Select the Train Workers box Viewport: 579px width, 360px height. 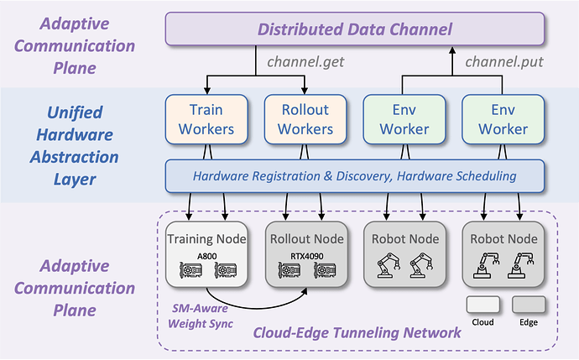(206, 118)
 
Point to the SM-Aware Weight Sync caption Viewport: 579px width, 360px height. (198, 313)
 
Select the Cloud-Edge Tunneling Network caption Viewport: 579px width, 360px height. (357, 332)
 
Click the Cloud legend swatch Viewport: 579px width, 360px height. (482, 305)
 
